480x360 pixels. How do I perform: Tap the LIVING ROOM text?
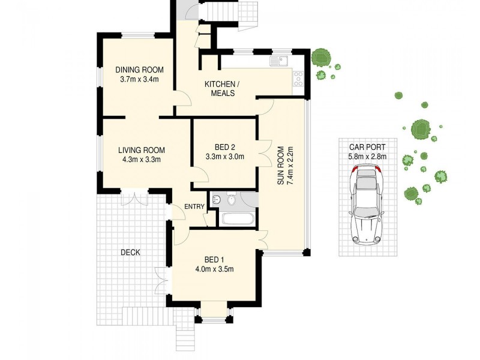click(x=141, y=150)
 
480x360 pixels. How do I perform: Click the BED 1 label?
click(x=214, y=259)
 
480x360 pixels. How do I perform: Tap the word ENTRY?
click(x=194, y=207)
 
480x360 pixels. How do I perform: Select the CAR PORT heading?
click(x=367, y=147)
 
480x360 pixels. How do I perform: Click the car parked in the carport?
click(x=367, y=206)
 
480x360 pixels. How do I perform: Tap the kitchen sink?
click(x=279, y=61)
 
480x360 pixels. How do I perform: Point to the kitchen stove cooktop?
click(x=298, y=79)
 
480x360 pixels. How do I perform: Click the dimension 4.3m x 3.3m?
click(x=141, y=160)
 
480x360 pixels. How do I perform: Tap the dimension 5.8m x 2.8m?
click(x=367, y=157)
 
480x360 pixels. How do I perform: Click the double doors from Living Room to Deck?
click(x=133, y=199)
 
